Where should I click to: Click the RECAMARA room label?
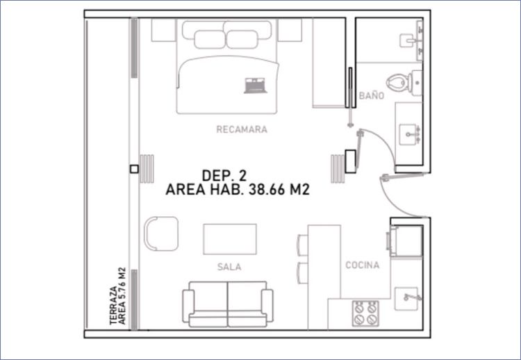[x=242, y=129]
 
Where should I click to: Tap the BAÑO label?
[x=372, y=96]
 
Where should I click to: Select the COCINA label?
[x=362, y=265]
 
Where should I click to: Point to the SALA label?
[x=229, y=267]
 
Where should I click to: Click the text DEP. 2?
[x=224, y=176]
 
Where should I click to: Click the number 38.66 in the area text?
[x=267, y=190]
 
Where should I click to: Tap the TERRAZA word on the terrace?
[x=114, y=305]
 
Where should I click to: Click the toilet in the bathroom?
[x=404, y=83]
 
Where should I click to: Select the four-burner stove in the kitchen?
[x=365, y=313]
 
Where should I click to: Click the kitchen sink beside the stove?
[x=406, y=299]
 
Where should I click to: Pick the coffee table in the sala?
[x=230, y=239]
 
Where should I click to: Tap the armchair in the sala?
[x=161, y=234]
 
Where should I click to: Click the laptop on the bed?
[x=256, y=85]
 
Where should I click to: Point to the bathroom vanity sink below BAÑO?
[x=409, y=134]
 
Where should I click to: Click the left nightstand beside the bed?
[x=163, y=30]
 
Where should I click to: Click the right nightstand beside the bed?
[x=290, y=30]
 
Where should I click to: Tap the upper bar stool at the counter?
[x=302, y=245]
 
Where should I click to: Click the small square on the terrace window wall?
[x=134, y=169]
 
